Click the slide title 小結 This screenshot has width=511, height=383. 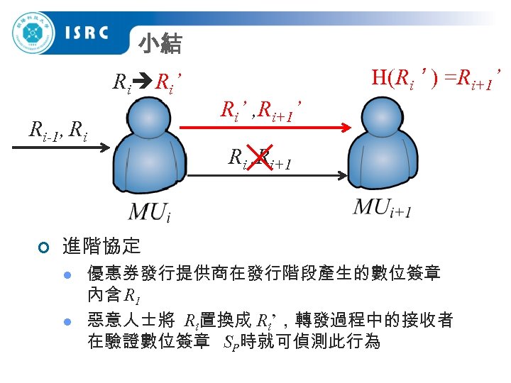point(160,45)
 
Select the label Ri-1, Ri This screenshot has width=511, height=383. point(57,130)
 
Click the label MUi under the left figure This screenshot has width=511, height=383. point(150,211)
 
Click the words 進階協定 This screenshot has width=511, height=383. point(101,246)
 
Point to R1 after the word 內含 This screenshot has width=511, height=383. point(132,295)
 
